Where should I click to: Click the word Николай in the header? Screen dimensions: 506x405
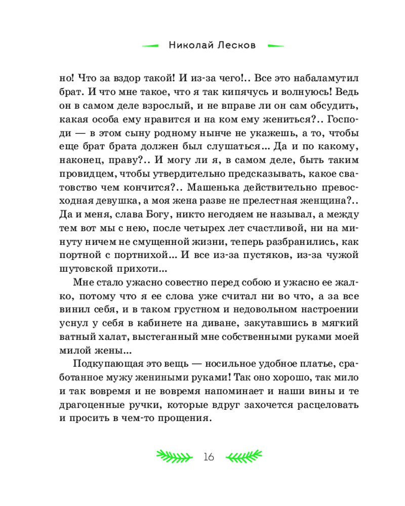(190, 46)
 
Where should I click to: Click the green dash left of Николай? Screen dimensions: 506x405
(151, 46)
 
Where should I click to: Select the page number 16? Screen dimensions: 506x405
(209, 457)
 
